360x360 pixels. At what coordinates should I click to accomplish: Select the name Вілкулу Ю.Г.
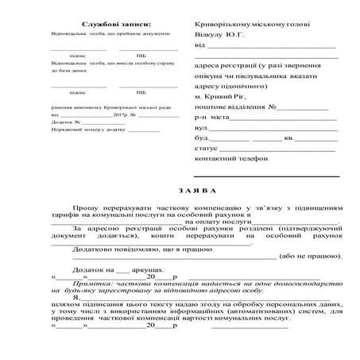[x=222, y=37]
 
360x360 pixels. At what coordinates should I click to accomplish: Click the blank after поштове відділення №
[x=302, y=106]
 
